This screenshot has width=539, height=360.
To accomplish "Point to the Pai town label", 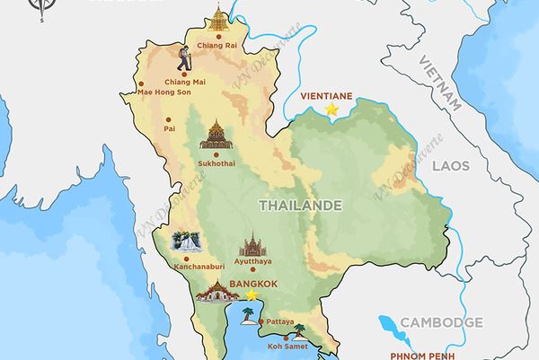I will [168, 128].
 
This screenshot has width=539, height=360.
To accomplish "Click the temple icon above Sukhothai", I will [216, 135].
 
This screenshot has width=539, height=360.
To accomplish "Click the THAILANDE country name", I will [300, 206].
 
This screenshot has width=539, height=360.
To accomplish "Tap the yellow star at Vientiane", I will [331, 109].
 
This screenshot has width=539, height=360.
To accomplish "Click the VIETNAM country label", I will [439, 81].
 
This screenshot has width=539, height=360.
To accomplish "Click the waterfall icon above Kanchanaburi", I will [186, 242].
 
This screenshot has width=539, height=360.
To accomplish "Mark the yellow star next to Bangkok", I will [252, 294].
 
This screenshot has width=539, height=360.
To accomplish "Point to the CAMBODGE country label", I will [441, 322].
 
